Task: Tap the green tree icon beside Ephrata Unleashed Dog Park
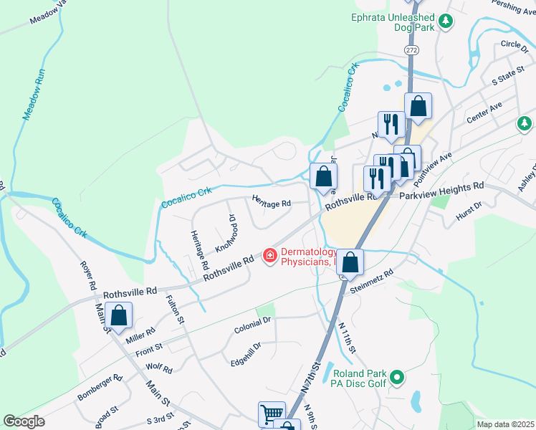coord(445,21)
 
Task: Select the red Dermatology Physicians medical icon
coord(270,255)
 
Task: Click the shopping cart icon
coord(271,413)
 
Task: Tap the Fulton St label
coord(176,309)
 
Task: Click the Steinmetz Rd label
coord(373,282)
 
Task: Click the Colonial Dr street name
coord(252,329)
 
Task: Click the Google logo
coord(24,421)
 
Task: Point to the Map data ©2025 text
coord(504,424)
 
